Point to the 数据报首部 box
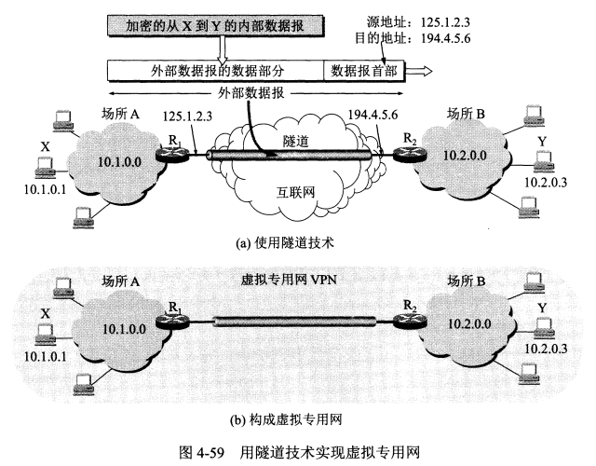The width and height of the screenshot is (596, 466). (x=365, y=70)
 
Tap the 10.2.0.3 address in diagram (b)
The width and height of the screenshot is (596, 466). (x=549, y=349)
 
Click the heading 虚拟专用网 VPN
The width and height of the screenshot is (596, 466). (x=294, y=279)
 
